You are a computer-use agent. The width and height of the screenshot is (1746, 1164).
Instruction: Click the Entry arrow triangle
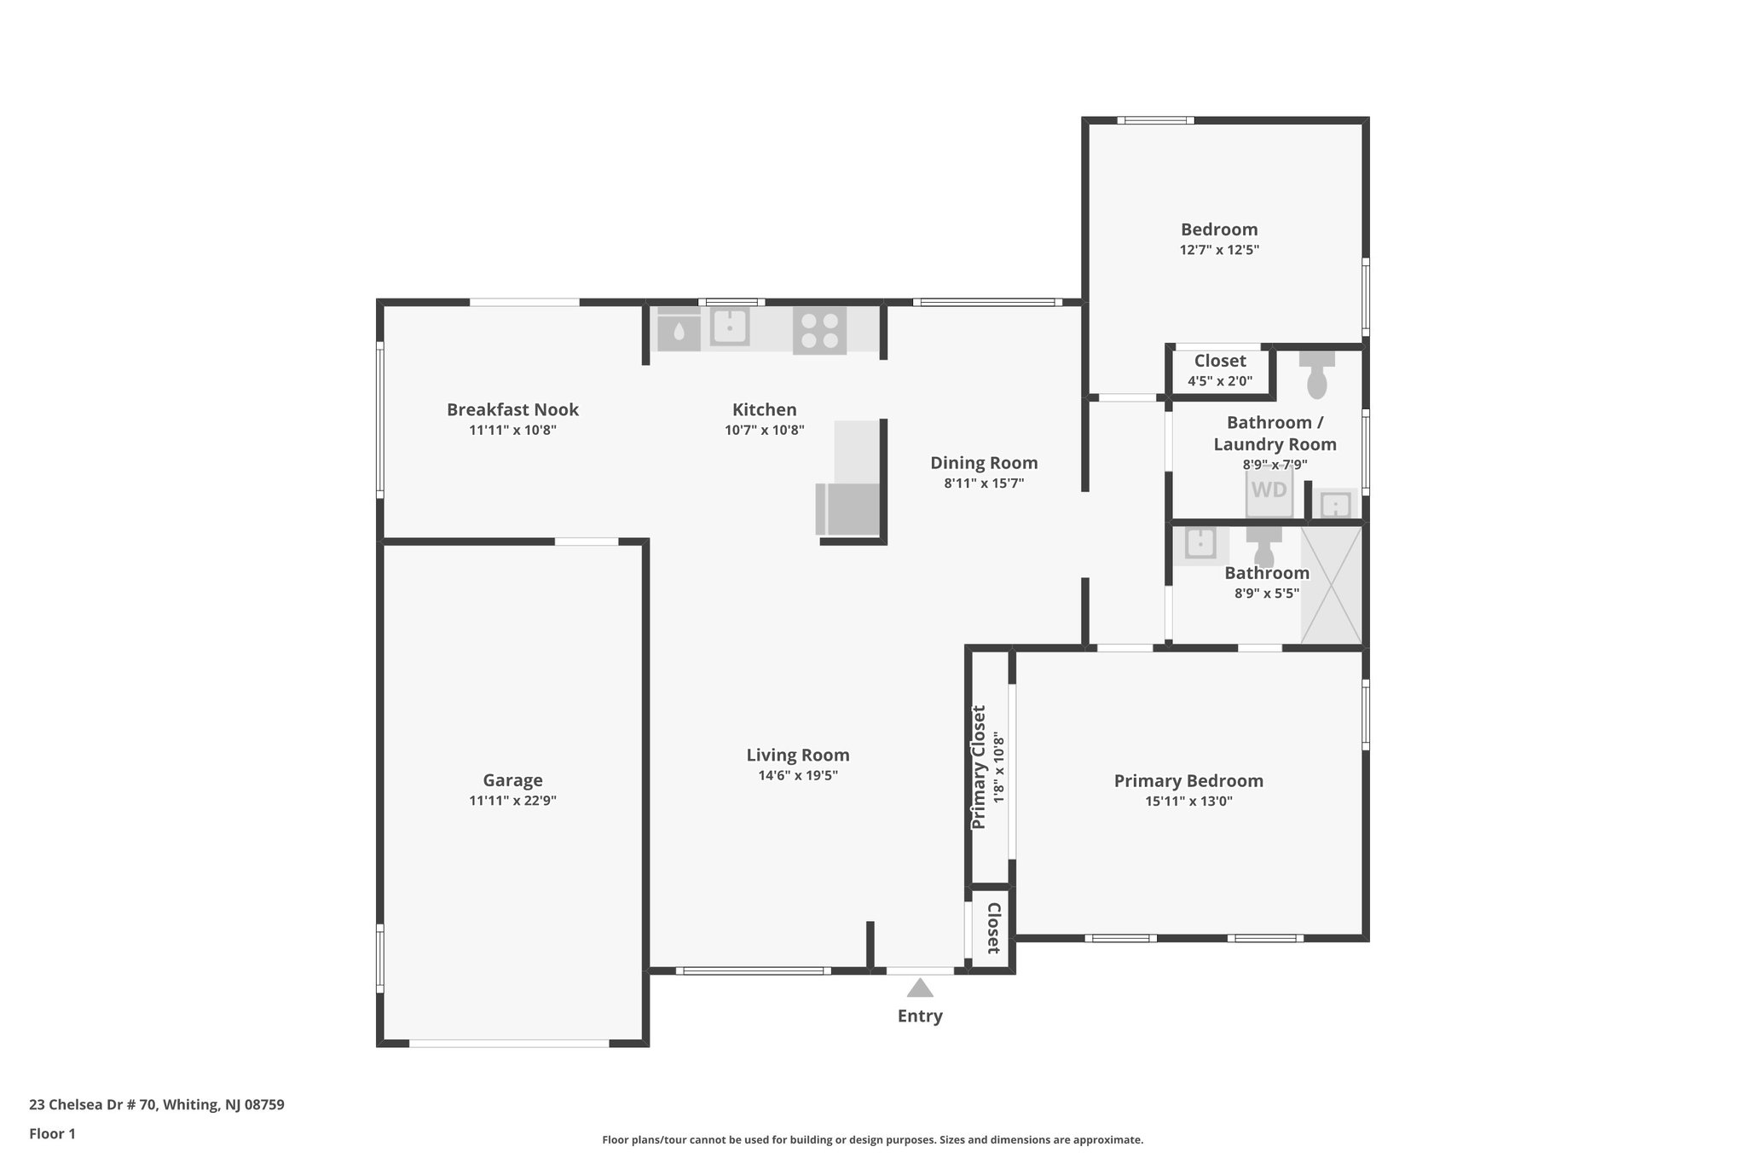click(x=919, y=988)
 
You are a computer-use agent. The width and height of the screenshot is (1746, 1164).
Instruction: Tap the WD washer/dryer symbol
click(x=1269, y=491)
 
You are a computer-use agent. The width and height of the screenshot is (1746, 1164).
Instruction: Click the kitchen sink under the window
click(x=730, y=327)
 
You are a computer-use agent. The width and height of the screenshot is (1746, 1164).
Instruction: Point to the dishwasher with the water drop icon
click(x=679, y=330)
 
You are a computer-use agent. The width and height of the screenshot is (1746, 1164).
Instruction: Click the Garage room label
click(x=512, y=780)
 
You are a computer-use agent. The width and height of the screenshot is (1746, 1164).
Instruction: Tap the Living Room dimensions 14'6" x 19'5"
click(x=798, y=776)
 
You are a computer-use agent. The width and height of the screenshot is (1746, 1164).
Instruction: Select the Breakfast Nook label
click(x=512, y=409)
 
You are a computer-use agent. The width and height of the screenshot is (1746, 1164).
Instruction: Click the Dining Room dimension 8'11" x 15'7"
click(x=984, y=484)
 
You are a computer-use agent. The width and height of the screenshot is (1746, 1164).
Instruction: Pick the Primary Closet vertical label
click(x=979, y=767)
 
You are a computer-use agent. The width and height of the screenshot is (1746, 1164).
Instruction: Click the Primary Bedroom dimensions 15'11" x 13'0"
click(x=1188, y=802)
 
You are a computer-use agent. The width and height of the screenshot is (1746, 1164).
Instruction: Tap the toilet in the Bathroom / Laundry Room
click(x=1317, y=375)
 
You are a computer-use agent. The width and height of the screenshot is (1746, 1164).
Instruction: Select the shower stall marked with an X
click(x=1331, y=585)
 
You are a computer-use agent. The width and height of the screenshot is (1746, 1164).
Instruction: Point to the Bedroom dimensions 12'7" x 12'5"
click(x=1219, y=251)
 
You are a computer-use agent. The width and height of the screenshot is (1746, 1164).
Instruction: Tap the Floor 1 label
click(x=52, y=1134)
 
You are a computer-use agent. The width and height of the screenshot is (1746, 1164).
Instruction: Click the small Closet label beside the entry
click(x=993, y=928)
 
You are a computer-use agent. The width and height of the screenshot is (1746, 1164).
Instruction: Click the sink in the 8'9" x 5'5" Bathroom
click(x=1200, y=544)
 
